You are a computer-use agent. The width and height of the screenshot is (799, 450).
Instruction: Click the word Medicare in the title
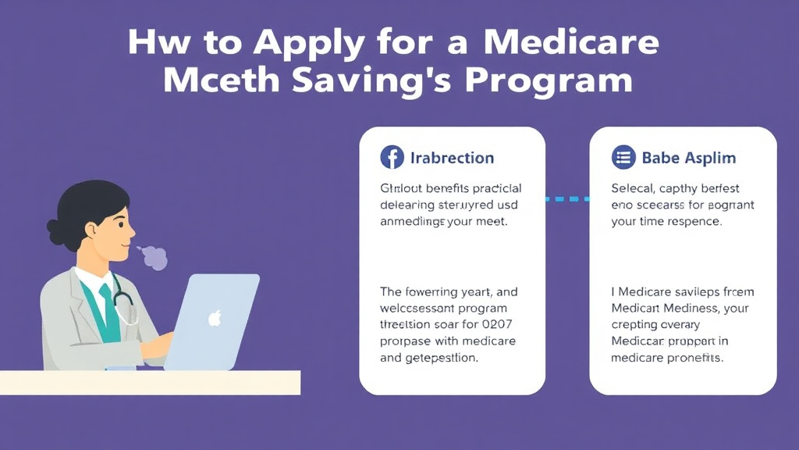point(570,42)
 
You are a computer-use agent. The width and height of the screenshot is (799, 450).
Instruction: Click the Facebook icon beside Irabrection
point(392,158)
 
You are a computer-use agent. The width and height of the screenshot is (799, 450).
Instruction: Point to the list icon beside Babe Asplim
point(623,158)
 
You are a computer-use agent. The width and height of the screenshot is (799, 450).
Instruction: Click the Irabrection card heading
point(452,158)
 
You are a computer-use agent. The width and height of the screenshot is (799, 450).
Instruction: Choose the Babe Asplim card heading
point(688,158)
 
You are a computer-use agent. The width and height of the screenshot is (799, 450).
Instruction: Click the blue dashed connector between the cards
point(567,198)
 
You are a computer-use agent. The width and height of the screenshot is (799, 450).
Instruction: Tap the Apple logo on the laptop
point(215,317)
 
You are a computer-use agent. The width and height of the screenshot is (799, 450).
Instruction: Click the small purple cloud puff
point(154,257)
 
